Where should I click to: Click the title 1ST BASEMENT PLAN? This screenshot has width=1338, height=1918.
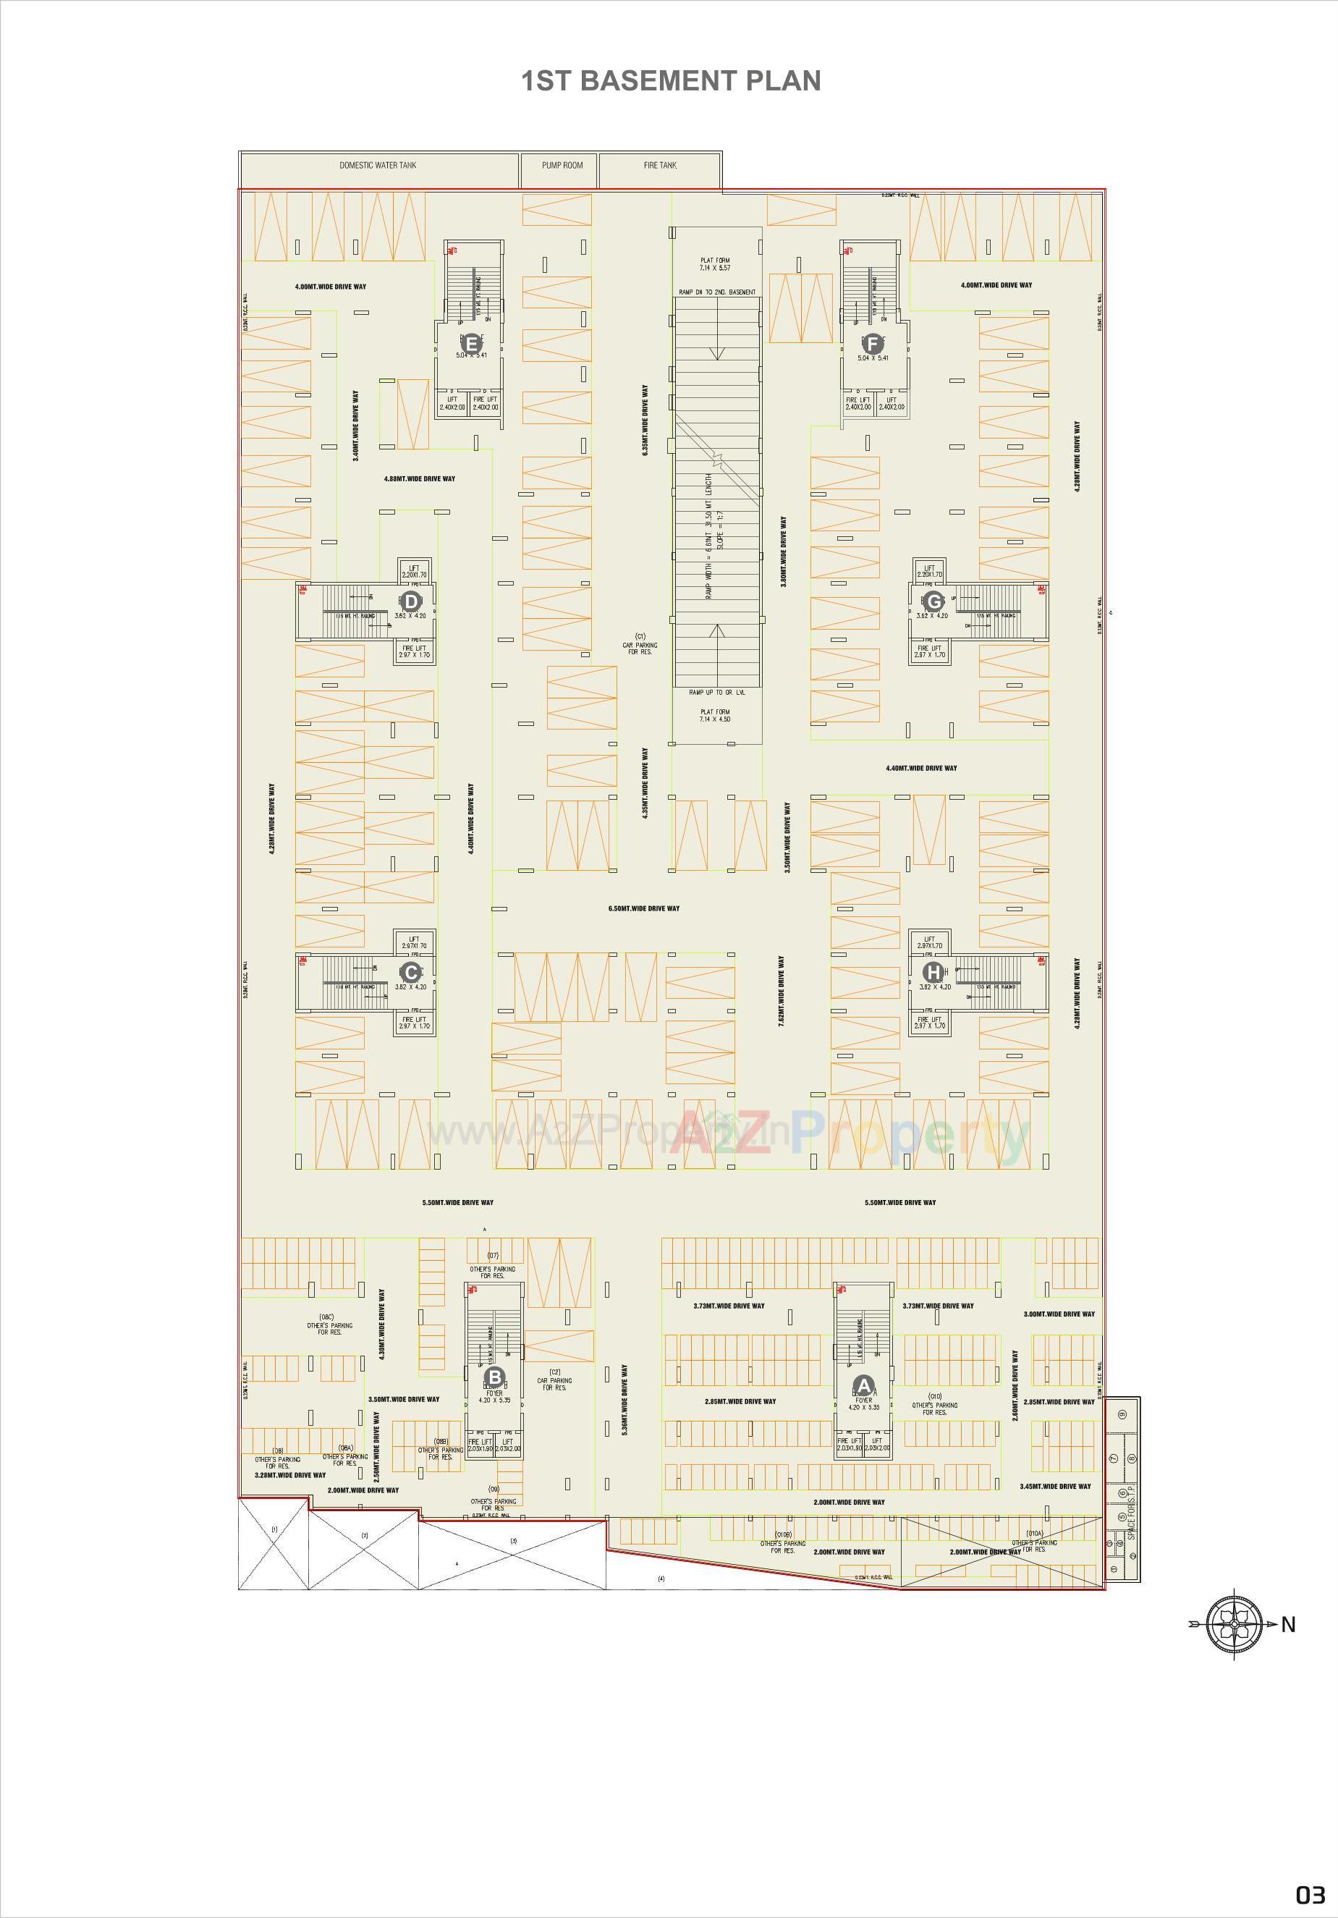pyautogui.click(x=671, y=81)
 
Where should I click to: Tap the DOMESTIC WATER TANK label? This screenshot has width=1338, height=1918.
pyautogui.click(x=378, y=166)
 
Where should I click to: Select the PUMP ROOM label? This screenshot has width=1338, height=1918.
pyautogui.click(x=562, y=166)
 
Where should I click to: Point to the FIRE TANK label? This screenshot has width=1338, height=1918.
pyautogui.click(x=660, y=166)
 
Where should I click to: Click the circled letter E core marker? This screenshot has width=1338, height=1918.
pyautogui.click(x=471, y=343)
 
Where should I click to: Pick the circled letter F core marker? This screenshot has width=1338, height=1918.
pyautogui.click(x=873, y=343)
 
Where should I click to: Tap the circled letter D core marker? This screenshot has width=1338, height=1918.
pyautogui.click(x=411, y=601)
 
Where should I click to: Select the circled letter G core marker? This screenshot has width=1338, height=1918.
pyautogui.click(x=933, y=601)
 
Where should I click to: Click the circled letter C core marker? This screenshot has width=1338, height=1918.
pyautogui.click(x=410, y=972)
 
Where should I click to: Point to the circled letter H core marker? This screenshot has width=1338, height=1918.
pyautogui.click(x=933, y=972)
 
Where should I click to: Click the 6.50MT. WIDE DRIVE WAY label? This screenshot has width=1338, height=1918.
pyautogui.click(x=644, y=908)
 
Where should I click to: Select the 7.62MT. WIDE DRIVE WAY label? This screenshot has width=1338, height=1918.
pyautogui.click(x=782, y=992)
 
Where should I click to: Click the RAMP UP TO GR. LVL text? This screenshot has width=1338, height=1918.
pyautogui.click(x=717, y=693)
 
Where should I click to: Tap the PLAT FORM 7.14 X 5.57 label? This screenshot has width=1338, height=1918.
pyautogui.click(x=715, y=264)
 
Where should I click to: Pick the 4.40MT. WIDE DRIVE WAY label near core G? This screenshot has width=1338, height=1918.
pyautogui.click(x=921, y=768)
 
